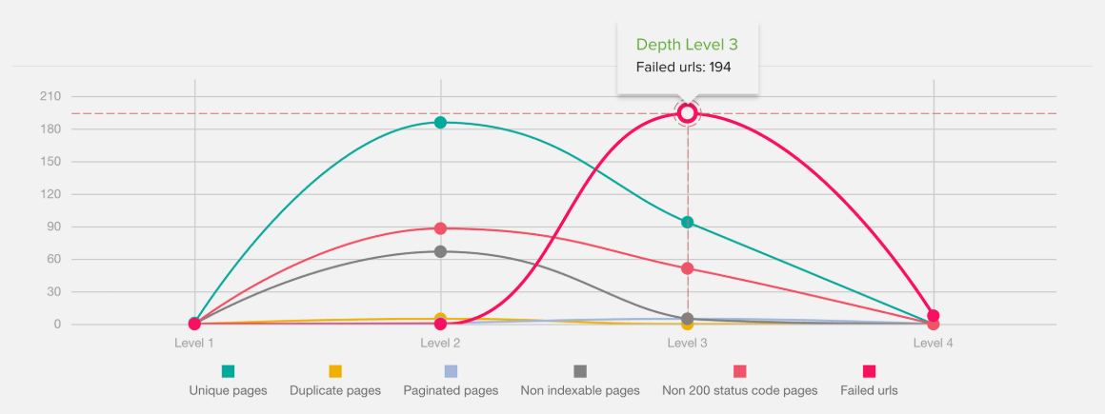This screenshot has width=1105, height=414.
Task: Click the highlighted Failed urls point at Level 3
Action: (687, 113)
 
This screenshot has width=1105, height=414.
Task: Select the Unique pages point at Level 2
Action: (440, 122)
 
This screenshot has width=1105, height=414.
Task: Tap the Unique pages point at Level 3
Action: (687, 223)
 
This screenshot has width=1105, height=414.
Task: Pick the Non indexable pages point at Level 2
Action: (440, 251)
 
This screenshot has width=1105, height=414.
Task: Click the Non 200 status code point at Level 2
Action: (440, 228)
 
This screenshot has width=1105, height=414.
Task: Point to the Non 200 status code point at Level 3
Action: (687, 268)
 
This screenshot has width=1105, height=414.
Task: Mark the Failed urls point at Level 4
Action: (934, 316)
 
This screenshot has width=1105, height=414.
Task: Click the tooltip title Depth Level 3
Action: (687, 45)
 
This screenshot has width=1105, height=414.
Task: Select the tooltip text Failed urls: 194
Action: (683, 68)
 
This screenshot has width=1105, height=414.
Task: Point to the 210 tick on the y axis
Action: (50, 97)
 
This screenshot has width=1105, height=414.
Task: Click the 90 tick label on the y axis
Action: (53, 227)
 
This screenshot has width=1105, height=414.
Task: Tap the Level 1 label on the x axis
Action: (194, 343)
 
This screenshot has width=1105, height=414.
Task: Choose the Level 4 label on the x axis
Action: (934, 343)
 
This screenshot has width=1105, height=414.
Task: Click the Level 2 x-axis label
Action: (440, 343)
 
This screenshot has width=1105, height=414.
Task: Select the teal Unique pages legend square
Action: (228, 371)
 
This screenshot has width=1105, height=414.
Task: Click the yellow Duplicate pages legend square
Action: (335, 371)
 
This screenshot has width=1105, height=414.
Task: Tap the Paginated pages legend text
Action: (451, 390)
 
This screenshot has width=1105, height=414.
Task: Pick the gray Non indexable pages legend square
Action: (580, 371)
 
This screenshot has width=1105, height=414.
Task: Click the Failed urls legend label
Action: (869, 390)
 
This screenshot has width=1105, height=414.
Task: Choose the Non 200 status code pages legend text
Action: (739, 390)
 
